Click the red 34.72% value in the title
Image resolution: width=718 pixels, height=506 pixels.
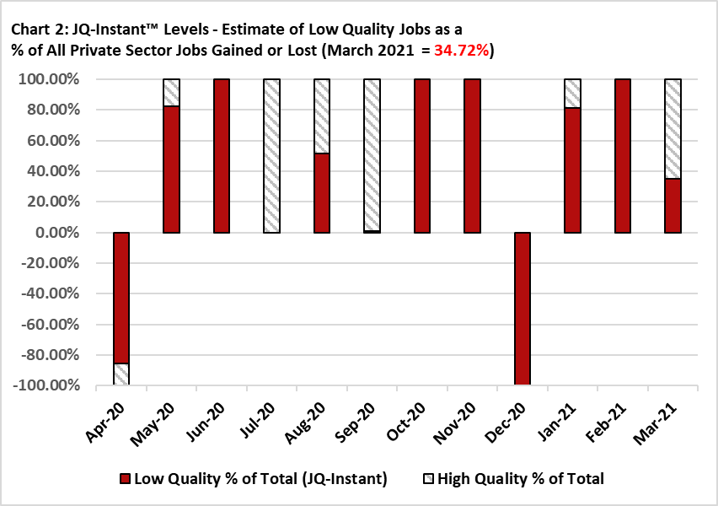[462, 51]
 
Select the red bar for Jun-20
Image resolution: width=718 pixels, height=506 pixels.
[222, 156]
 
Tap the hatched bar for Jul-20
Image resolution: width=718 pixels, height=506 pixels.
[271, 156]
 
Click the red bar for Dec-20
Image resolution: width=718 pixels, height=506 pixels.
[522, 309]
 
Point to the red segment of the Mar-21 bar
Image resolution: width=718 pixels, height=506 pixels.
[672, 206]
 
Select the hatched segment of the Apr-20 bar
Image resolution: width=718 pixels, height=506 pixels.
[121, 374]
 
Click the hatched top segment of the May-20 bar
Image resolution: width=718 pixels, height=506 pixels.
[171, 93]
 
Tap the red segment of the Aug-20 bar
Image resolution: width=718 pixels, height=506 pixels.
[322, 193]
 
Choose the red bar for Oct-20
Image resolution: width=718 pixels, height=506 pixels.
[422, 156]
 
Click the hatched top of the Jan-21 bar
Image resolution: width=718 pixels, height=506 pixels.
[573, 94]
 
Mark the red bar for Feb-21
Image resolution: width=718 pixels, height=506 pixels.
[623, 156]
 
